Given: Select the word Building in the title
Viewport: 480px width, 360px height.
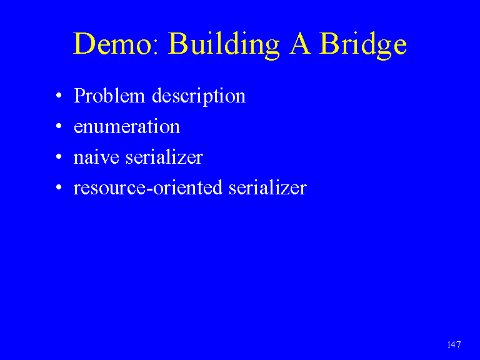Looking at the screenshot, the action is pyautogui.click(x=224, y=45).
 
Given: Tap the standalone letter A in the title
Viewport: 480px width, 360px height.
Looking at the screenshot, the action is pyautogui.click(x=300, y=43).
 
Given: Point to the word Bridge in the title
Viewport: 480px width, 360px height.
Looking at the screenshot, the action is pyautogui.click(x=363, y=45).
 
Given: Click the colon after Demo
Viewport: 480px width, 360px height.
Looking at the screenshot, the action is pyautogui.click(x=156, y=47).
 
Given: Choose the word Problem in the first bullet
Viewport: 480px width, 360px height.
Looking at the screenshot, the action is pyautogui.click(x=109, y=95).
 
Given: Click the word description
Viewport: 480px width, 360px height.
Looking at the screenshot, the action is pyautogui.click(x=199, y=96).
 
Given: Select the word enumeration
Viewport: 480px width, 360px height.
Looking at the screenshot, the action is pyautogui.click(x=127, y=127).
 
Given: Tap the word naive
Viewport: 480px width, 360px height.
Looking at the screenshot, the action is pyautogui.click(x=96, y=157).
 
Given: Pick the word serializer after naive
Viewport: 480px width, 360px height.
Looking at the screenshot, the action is pyautogui.click(x=164, y=157).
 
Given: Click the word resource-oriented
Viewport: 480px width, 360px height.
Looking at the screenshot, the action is pyautogui.click(x=148, y=187).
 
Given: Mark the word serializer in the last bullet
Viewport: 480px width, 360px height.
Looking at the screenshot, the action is pyautogui.click(x=268, y=187).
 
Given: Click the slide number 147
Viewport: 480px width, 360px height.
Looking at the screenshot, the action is pyautogui.click(x=454, y=344).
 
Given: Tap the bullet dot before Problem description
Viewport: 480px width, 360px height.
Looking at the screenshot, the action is pyautogui.click(x=59, y=96).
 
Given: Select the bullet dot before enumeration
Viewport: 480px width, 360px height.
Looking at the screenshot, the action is pyautogui.click(x=59, y=126).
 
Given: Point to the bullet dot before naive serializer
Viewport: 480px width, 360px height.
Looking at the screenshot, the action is pyautogui.click(x=59, y=157).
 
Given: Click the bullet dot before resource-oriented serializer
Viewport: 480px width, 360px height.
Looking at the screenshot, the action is pyautogui.click(x=59, y=187).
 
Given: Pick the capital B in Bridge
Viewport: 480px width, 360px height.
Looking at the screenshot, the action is pyautogui.click(x=329, y=43).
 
